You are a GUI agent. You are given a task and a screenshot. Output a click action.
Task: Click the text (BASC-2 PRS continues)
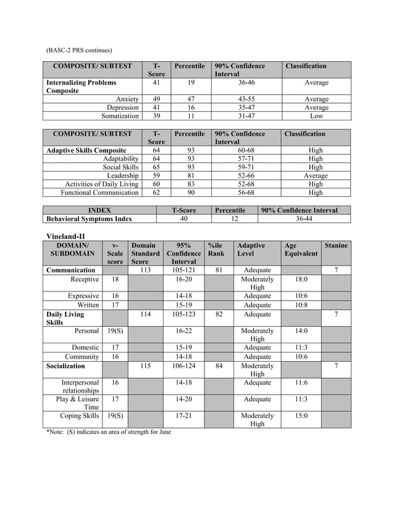pyautogui.click(x=79, y=49)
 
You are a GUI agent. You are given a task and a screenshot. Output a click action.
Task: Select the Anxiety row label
pyautogui.click(x=127, y=99)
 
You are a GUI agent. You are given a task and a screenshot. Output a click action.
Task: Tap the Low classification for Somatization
pyautogui.click(x=316, y=115)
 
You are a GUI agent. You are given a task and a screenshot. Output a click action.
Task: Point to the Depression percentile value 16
pyautogui.click(x=191, y=107)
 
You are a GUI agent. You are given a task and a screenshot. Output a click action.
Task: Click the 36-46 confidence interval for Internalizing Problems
pyautogui.click(x=246, y=82)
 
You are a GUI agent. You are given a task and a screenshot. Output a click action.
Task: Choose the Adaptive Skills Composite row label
pyautogui.click(x=86, y=150)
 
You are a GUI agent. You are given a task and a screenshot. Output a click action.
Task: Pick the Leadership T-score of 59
pyautogui.click(x=156, y=175)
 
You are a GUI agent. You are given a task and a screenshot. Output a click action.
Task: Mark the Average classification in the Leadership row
pyautogui.click(x=316, y=175)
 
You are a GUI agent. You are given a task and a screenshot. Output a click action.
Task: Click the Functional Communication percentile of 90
pyautogui.click(x=191, y=193)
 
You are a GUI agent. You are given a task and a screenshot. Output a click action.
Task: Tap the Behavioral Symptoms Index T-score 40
pyautogui.click(x=183, y=219)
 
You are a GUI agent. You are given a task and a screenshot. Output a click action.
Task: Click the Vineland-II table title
pyautogui.click(x=65, y=236)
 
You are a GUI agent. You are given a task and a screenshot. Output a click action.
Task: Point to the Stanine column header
pyautogui.click(x=335, y=246)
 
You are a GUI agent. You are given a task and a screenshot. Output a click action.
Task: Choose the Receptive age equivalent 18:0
pyautogui.click(x=301, y=279)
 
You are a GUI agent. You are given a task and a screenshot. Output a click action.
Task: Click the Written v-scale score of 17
pyautogui.click(x=115, y=305)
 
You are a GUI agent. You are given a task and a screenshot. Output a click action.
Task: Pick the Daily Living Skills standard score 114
pyautogui.click(x=145, y=314)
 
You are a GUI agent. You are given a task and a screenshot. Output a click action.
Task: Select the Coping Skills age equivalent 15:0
pyautogui.click(x=301, y=416)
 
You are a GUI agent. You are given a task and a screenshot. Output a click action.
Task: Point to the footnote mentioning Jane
pyautogui.click(x=109, y=432)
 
